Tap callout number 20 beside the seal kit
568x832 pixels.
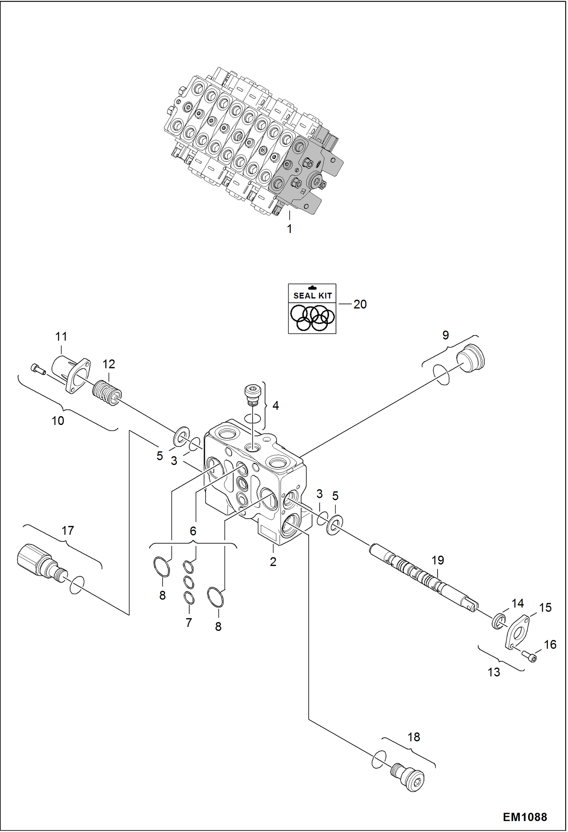pos(360,304)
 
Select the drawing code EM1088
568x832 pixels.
pos(525,817)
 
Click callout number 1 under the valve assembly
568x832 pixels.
pos(289,229)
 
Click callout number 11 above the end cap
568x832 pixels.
pos(61,337)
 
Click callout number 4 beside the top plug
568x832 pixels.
pos(276,406)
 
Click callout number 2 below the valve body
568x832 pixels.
pos(273,562)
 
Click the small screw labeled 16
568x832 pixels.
pos(530,655)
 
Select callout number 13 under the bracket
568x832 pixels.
pos(494,672)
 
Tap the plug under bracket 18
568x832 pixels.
pos(408,776)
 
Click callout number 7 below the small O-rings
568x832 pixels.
pos(188,623)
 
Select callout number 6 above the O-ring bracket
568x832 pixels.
pos(193,531)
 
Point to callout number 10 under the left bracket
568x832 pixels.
pos(58,421)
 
